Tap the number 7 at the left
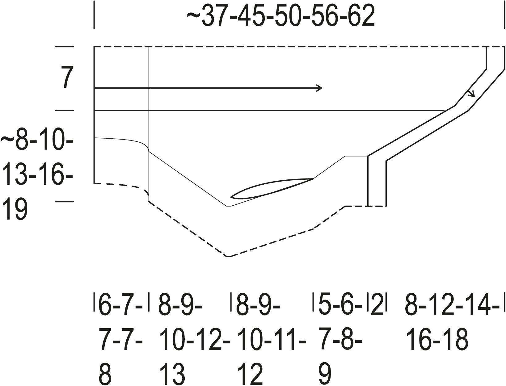67,77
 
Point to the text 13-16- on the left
37,174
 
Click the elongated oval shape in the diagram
272,188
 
